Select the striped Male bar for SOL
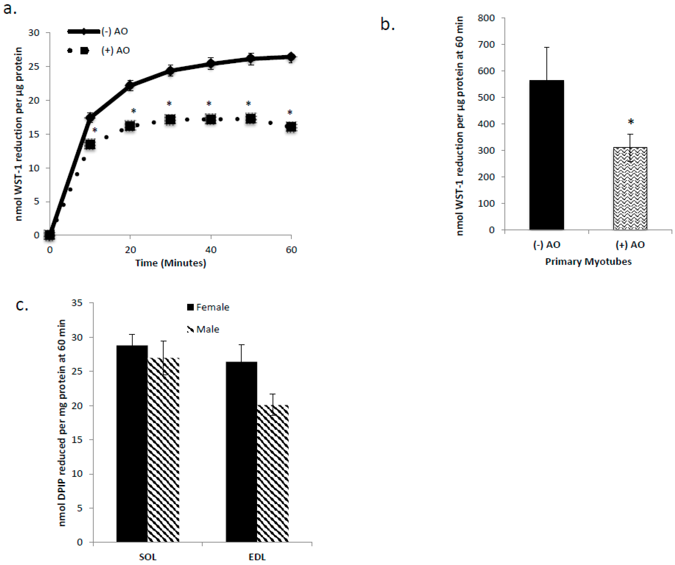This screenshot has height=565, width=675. point(163,450)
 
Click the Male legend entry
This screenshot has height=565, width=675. point(203,329)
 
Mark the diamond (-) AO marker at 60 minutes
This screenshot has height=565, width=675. point(291,57)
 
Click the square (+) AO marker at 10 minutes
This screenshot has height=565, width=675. point(90,144)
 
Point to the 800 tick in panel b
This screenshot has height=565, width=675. point(486,18)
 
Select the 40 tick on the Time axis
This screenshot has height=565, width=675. point(211,250)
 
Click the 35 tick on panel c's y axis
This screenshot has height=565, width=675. point(77,303)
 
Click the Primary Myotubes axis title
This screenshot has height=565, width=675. point(588,262)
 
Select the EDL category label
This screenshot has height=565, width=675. point(257,557)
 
